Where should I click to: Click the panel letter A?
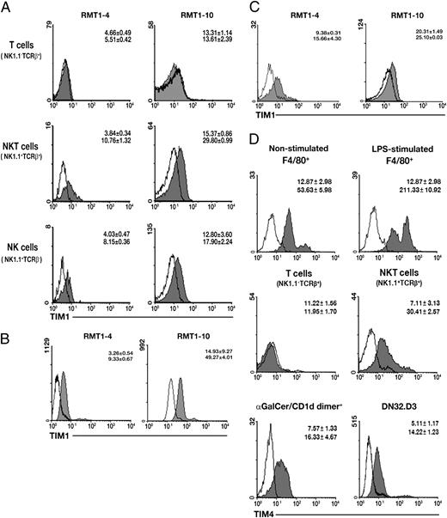pos(6,7)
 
